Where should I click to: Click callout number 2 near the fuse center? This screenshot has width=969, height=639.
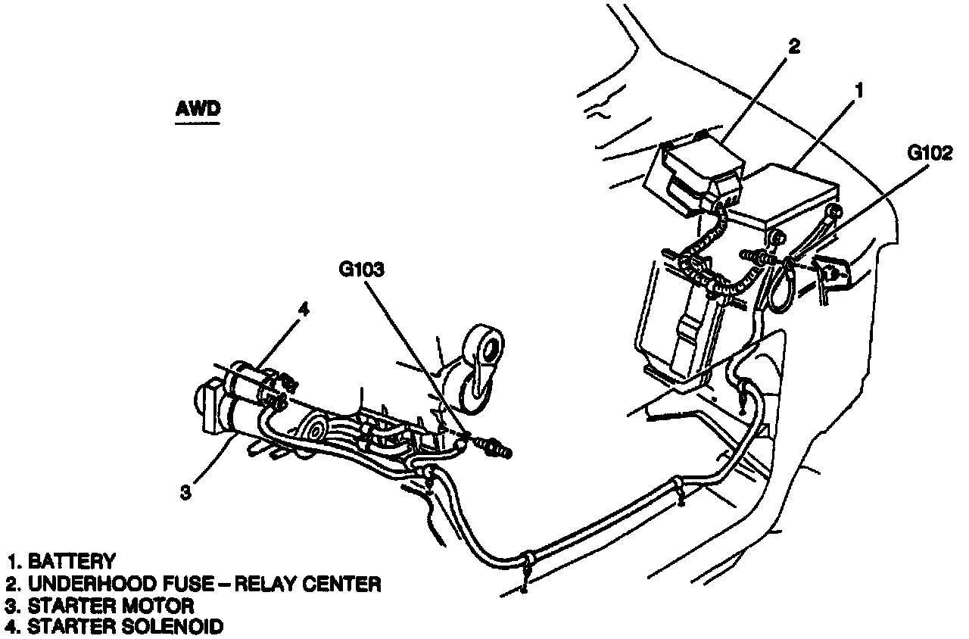(x=793, y=47)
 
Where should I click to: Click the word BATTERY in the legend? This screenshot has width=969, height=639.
(x=72, y=562)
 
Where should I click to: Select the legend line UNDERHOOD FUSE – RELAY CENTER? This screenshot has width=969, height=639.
(x=193, y=584)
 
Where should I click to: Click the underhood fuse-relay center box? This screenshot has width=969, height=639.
(x=696, y=170)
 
